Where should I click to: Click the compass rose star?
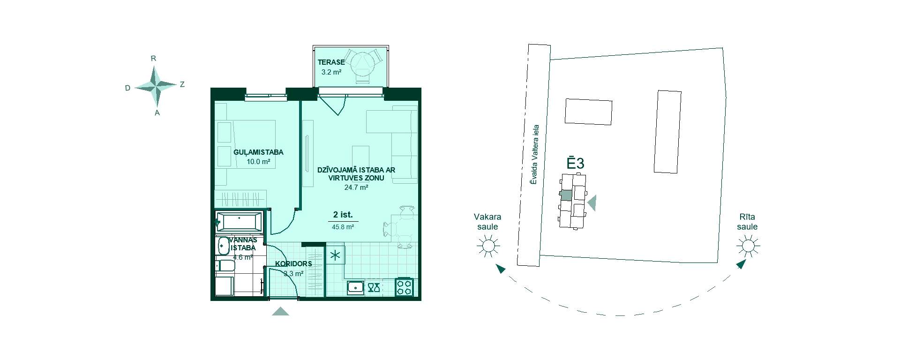pyautogui.click(x=156, y=86)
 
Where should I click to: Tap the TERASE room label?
pyautogui.click(x=331, y=62)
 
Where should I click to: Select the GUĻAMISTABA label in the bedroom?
pyautogui.click(x=258, y=152)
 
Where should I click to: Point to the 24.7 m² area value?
pyautogui.click(x=356, y=187)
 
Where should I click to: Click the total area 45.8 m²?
pyautogui.click(x=343, y=227)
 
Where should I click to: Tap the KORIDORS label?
pyautogui.click(x=293, y=264)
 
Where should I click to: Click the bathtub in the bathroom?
pyautogui.click(x=239, y=222)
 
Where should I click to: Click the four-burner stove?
pyautogui.click(x=405, y=287)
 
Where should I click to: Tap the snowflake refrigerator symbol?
pyautogui.click(x=335, y=256)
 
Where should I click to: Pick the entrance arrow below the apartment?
pyautogui.click(x=280, y=311)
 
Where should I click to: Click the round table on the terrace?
pyautogui.click(x=364, y=60)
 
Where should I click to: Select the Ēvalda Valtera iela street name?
pyautogui.click(x=535, y=155)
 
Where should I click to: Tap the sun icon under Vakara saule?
pyautogui.click(x=488, y=245)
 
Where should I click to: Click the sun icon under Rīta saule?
pyautogui.click(x=748, y=246)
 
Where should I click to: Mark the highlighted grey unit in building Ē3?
pyautogui.click(x=566, y=195)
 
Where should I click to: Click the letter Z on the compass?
pyautogui.click(x=182, y=84)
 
